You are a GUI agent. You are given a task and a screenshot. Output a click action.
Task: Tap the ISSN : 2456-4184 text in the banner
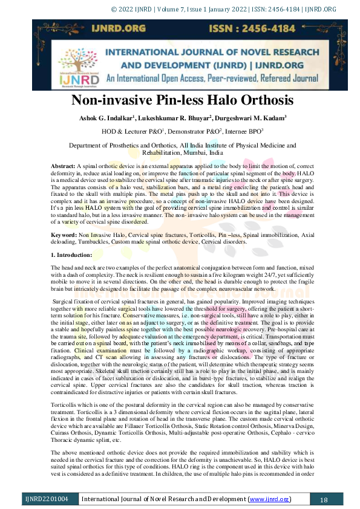(x=250, y=29)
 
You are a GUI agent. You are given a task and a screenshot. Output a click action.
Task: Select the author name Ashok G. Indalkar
(x=113, y=117)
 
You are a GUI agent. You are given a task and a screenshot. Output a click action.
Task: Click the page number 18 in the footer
(x=323, y=499)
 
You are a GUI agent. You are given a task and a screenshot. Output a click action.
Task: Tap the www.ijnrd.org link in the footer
(x=269, y=499)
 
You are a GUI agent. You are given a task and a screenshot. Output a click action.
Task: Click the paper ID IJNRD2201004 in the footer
(x=47, y=499)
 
